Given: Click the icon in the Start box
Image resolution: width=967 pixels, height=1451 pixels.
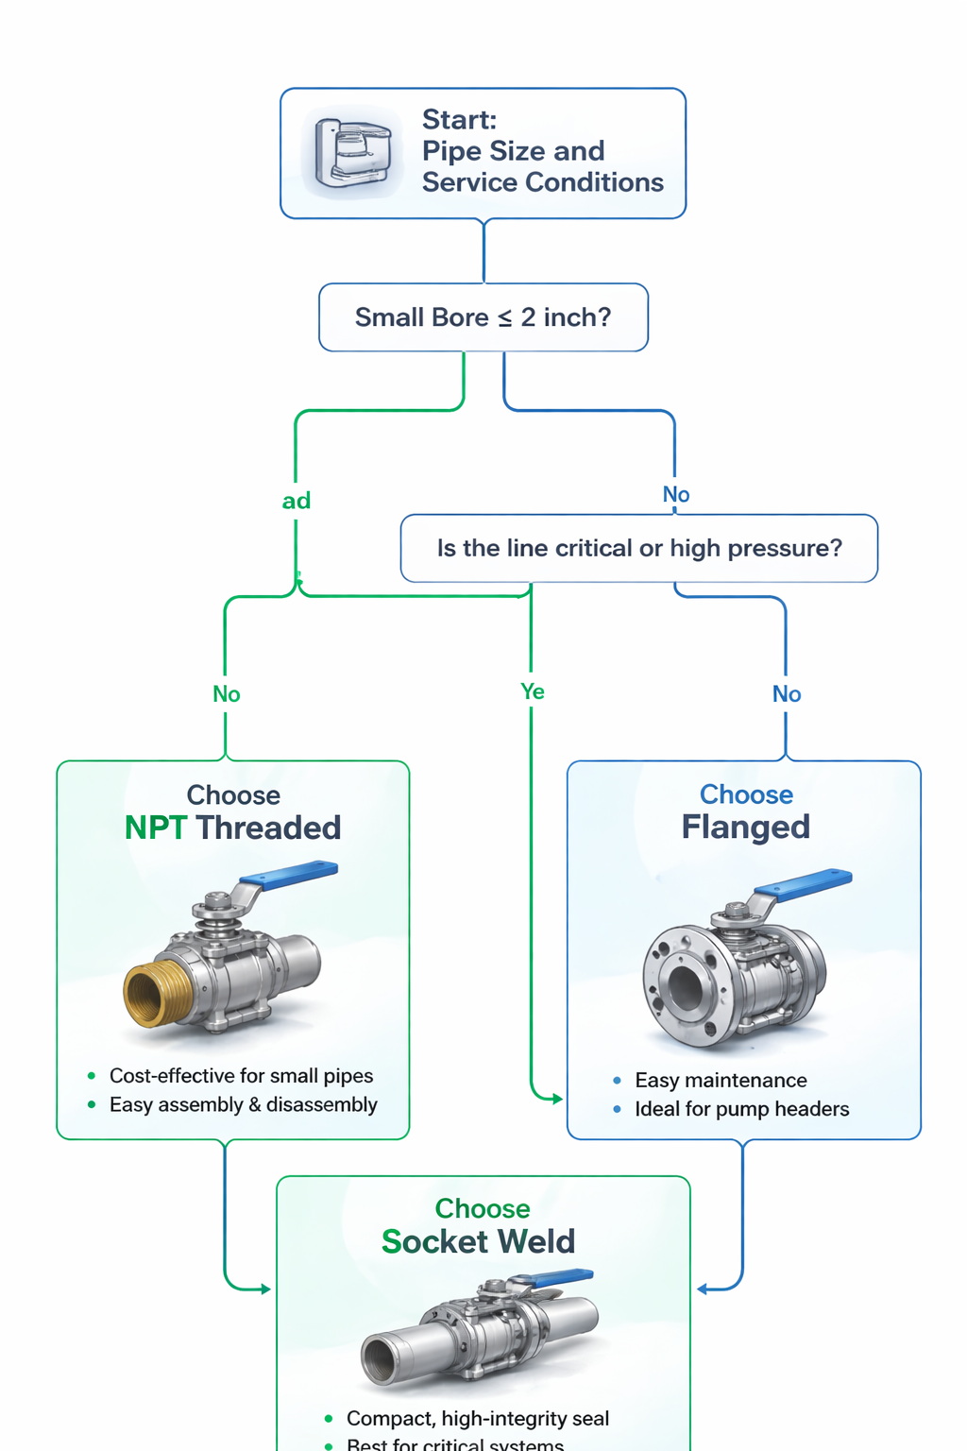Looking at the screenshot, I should pyautogui.click(x=352, y=153).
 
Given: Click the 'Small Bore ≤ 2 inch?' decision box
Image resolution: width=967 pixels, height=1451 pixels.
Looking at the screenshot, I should pyautogui.click(x=483, y=317).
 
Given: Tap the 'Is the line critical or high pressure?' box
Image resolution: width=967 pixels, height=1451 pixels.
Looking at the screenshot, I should pyautogui.click(x=639, y=548).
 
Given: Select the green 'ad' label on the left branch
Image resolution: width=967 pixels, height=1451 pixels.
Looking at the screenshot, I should pyautogui.click(x=297, y=501).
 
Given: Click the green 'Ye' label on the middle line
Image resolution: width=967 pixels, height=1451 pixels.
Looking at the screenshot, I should pyautogui.click(x=533, y=691).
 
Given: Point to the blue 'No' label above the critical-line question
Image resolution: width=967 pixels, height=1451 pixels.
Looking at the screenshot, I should pyautogui.click(x=676, y=494).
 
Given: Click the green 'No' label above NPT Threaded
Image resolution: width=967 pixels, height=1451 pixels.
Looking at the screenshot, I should pyautogui.click(x=227, y=694).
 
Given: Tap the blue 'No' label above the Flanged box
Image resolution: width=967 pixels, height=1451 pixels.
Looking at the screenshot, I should pyautogui.click(x=787, y=694).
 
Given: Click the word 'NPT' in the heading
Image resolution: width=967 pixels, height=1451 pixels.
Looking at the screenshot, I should pyautogui.click(x=156, y=828).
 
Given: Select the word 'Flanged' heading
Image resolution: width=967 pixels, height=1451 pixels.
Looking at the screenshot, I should pyautogui.click(x=746, y=827).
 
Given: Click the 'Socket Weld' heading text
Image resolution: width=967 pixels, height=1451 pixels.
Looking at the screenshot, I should pyautogui.click(x=478, y=1241).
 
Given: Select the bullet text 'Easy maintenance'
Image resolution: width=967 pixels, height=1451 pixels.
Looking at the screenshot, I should pyautogui.click(x=721, y=1080).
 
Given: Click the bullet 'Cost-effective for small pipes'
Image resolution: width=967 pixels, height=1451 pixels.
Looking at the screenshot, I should pyautogui.click(x=241, y=1075).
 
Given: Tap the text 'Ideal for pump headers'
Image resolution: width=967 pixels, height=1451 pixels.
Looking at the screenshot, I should pyautogui.click(x=741, y=1108).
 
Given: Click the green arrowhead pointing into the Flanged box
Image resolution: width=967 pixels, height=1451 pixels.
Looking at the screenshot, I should pyautogui.click(x=557, y=1099).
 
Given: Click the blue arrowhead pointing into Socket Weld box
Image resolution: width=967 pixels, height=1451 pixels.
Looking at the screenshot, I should pyautogui.click(x=703, y=1289).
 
